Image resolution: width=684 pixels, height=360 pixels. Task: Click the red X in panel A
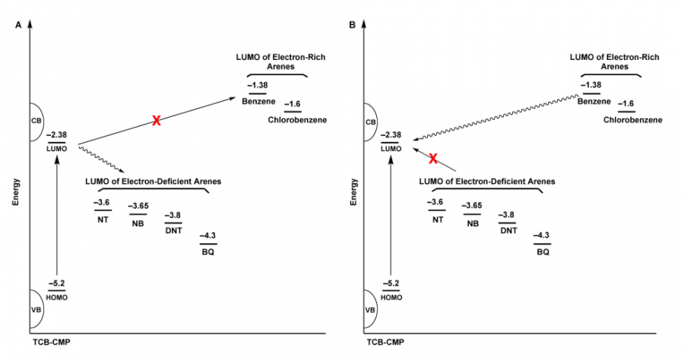tap(156, 121)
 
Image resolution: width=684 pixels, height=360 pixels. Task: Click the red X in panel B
tap(433, 158)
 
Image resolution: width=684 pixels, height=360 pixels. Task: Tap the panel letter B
tap(352, 25)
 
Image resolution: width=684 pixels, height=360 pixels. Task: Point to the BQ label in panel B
tap(542, 251)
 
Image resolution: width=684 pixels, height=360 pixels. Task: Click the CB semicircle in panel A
tap(37, 122)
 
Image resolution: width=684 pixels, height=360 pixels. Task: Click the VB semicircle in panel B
tap(373, 310)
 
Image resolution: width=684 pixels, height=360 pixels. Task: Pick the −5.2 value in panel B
tap(393, 283)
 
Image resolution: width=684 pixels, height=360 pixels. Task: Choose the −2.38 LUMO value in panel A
tap(57, 135)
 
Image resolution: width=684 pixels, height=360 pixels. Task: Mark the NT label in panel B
tap(437, 220)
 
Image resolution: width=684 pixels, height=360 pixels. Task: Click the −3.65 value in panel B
tap(473, 206)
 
